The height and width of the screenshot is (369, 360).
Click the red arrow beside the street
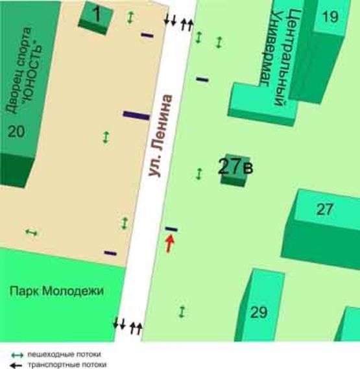pos(170,243)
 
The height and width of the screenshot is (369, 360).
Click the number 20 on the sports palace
pos(16,132)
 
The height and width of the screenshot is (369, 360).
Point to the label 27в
pos(235,167)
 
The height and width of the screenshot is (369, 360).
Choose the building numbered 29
pos(259,313)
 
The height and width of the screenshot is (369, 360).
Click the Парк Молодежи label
pos(56,291)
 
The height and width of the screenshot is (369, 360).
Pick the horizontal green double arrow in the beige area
pos(30,232)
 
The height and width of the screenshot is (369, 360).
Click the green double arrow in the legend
pos(18,355)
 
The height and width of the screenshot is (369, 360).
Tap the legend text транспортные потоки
pos(66,364)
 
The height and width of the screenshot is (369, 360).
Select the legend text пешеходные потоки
pos(66,355)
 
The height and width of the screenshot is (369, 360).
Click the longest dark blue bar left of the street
pos(136,115)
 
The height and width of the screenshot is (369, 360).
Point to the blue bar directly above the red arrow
pos(171,229)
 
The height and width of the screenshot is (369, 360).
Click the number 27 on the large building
pos(324,209)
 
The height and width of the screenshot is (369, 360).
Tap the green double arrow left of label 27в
pos(199,173)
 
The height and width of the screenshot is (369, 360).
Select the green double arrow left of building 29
pos(182,311)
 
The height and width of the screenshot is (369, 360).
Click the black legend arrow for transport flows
pos(18,364)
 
